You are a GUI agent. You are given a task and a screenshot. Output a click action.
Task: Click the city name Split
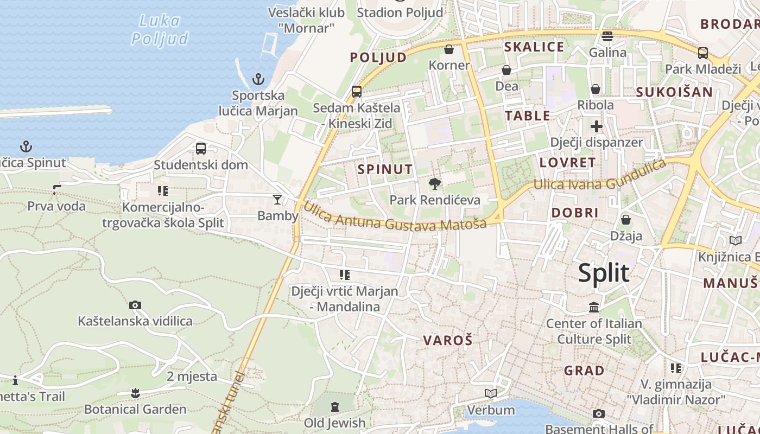tap(603, 273)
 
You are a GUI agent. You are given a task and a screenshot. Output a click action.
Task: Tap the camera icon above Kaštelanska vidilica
tap(135, 305)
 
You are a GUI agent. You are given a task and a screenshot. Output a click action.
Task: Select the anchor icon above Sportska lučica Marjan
tap(258, 80)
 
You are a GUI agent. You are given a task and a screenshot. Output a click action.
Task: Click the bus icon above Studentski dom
tap(200, 148)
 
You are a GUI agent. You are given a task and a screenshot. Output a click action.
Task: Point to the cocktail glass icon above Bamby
tap(277, 200)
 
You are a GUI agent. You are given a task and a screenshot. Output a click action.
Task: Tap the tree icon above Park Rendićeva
tap(434, 184)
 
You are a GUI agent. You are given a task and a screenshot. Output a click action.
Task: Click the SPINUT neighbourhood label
tap(385, 169)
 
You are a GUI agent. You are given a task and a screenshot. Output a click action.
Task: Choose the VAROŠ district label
tap(448, 341)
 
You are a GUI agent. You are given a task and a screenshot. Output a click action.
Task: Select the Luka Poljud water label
tap(160, 30)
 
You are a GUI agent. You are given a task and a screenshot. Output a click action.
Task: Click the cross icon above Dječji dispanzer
tap(597, 127)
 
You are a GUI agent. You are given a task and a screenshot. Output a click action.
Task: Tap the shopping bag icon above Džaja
tap(626, 220)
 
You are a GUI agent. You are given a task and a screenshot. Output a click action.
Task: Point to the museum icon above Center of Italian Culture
tap(594, 308)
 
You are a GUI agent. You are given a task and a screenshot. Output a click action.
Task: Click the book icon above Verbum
tap(490, 393)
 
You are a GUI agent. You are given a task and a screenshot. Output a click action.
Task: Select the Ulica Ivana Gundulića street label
tap(600, 176)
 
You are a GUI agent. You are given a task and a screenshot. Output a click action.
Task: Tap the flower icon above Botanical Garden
tap(135, 393)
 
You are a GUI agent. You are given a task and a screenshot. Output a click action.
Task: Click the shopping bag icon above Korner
tap(449, 49)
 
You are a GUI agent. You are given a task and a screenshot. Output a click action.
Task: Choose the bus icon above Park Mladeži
tap(702, 53)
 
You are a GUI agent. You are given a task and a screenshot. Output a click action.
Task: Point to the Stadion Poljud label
tap(400, 12)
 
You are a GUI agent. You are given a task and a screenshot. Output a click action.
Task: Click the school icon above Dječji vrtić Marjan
tap(344, 275)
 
